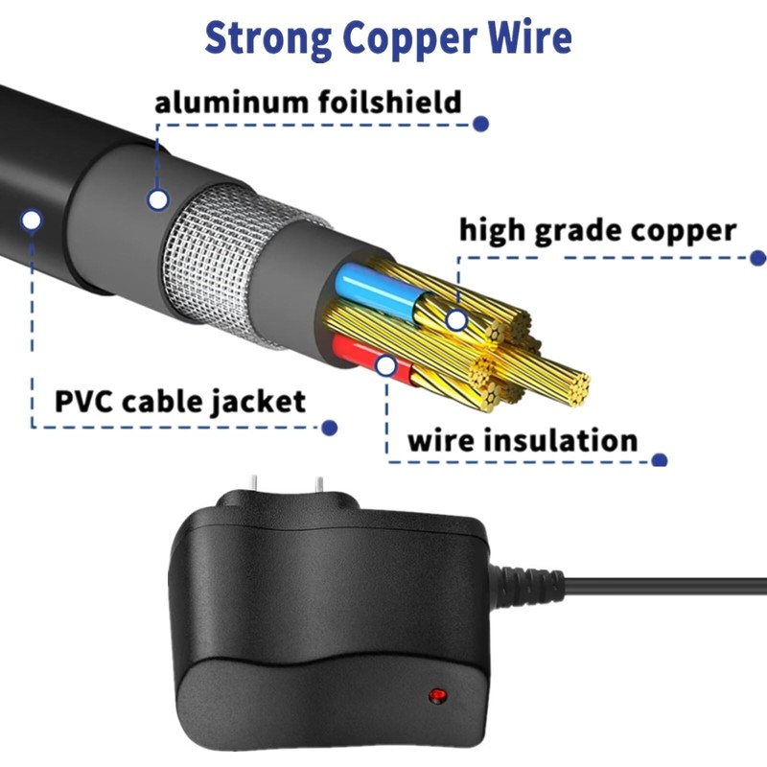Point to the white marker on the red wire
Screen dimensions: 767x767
(x=385, y=364)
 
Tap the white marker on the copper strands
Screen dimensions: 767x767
(x=456, y=319)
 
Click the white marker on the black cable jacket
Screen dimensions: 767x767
(x=32, y=221)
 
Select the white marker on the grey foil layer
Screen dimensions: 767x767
(x=158, y=199)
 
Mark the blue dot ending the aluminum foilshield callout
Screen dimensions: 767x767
(x=481, y=124)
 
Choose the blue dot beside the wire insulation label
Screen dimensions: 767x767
(x=659, y=459)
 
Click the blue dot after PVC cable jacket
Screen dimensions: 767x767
(x=329, y=428)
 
